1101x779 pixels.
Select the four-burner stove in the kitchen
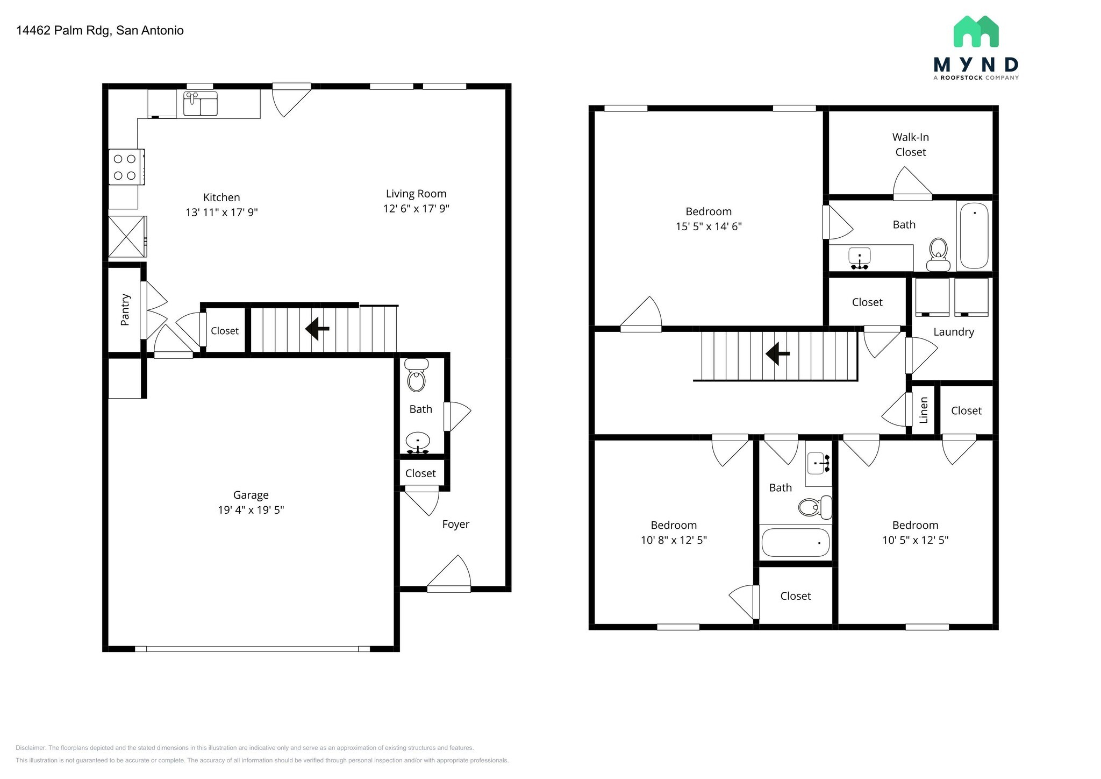[126, 167]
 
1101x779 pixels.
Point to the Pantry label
[125, 309]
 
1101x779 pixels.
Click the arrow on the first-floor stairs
[317, 328]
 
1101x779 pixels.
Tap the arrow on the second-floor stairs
[777, 354]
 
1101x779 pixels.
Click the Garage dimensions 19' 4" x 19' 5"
[251, 510]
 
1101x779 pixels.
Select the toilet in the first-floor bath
[417, 376]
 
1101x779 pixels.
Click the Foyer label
[455, 524]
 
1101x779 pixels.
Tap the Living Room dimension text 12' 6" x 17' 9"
[416, 209]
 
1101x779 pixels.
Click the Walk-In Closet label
[910, 145]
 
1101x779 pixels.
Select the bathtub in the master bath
[974, 236]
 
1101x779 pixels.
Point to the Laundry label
[953, 332]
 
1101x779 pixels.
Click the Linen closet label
[924, 410]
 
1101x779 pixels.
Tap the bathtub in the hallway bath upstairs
[795, 542]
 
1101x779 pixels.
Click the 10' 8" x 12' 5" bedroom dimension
[673, 540]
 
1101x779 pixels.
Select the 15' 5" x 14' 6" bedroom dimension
[708, 226]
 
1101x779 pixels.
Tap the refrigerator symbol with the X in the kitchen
[127, 237]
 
